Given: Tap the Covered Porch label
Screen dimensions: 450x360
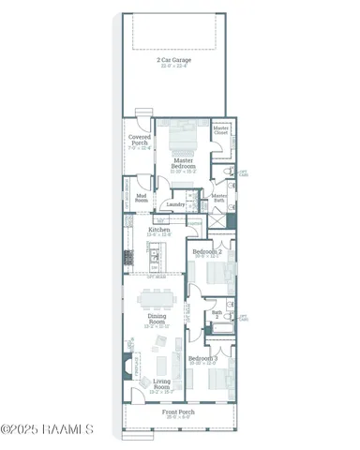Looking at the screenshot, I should [139, 142].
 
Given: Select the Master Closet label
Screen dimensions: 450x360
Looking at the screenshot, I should [221, 130].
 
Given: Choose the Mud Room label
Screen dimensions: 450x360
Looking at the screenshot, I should [142, 198].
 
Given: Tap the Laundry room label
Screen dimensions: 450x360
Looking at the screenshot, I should [173, 203].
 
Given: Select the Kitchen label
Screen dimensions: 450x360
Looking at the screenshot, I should [158, 231].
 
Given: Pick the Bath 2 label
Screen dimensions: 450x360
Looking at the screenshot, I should [217, 314].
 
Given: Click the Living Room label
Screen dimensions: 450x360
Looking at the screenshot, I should [161, 383].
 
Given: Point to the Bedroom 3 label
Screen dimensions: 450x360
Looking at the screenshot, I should [202, 360].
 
